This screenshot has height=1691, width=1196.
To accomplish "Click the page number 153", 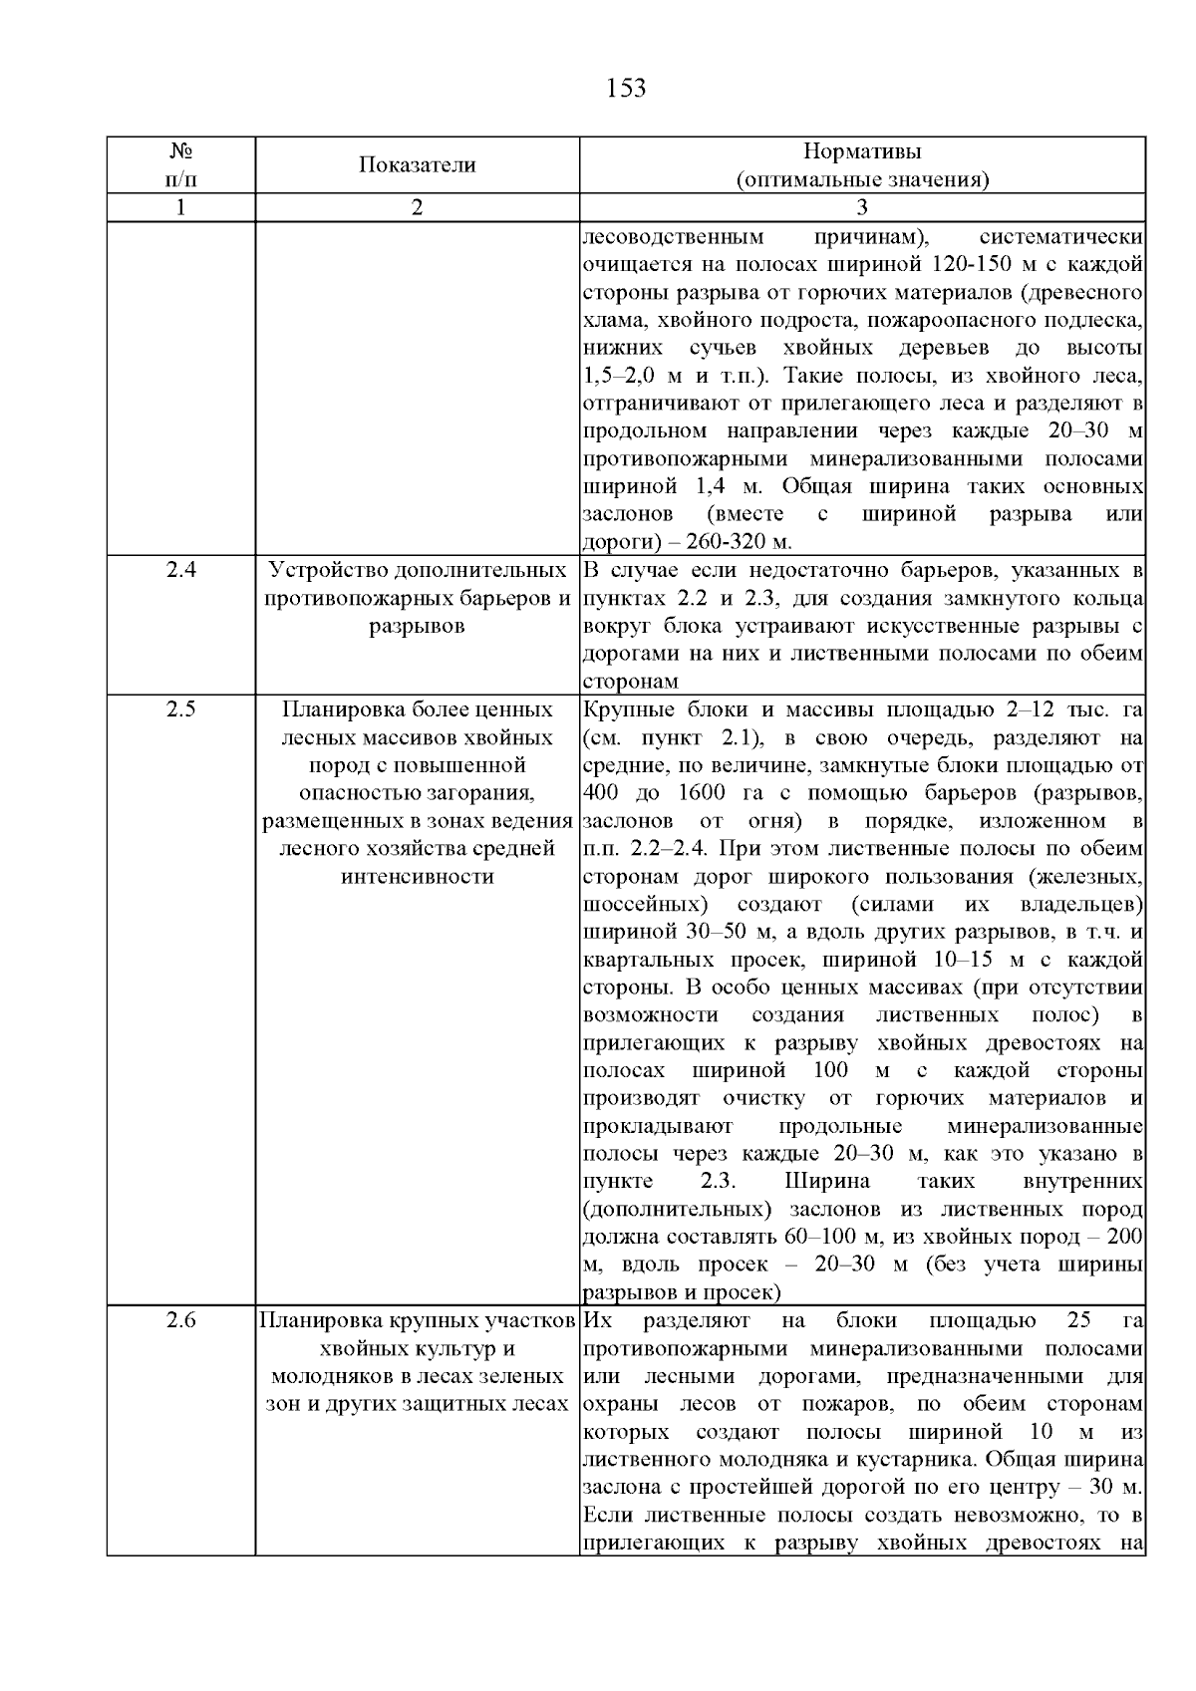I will (x=626, y=89).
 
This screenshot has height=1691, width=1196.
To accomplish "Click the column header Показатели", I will (x=417, y=165).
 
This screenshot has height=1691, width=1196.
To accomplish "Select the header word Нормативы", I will (x=862, y=151).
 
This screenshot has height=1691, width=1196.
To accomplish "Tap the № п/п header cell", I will (x=180, y=165).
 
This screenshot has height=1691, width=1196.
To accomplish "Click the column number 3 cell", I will (x=862, y=207).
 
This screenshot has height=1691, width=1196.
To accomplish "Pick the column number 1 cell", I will (x=180, y=207).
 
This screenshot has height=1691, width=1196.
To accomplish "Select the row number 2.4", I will (x=180, y=572).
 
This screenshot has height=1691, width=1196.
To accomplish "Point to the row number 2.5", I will (x=180, y=710).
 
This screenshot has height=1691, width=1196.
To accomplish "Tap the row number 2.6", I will (x=180, y=1321).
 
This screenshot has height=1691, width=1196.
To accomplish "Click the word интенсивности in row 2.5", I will (x=417, y=877).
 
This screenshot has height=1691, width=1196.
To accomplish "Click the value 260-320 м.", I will (x=734, y=542).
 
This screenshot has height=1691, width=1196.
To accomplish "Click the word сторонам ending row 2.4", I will (x=630, y=683).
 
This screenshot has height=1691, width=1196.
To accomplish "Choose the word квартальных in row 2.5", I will (x=646, y=961).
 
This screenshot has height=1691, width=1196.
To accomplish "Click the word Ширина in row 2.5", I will (x=827, y=1182).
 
